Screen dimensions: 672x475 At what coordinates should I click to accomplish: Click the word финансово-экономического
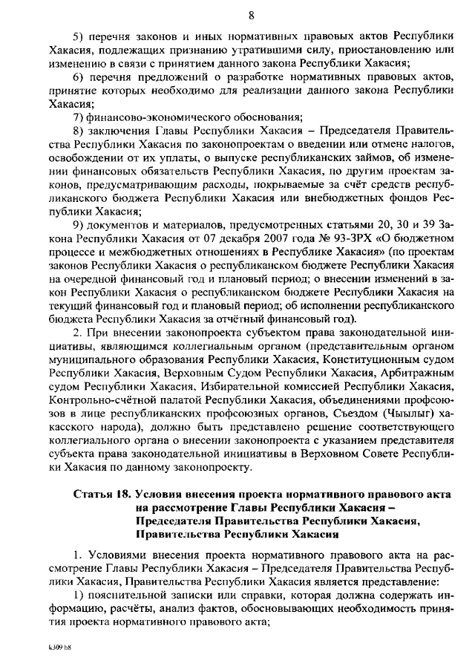pos(148,117)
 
